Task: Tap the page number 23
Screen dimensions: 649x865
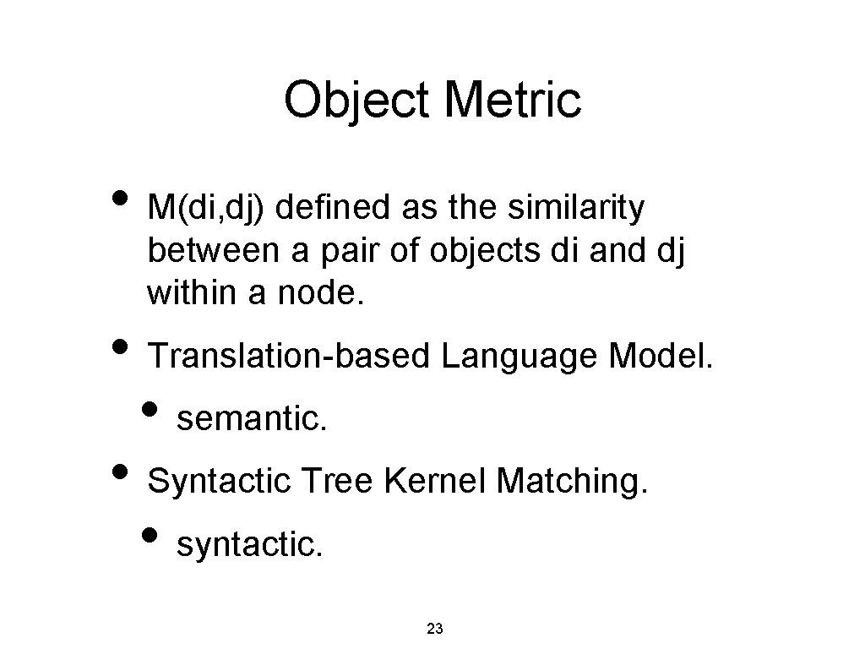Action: (435, 628)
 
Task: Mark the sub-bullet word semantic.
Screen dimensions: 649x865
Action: (251, 417)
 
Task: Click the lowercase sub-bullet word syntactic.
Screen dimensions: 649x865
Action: (249, 545)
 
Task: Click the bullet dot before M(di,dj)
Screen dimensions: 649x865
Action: (120, 200)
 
